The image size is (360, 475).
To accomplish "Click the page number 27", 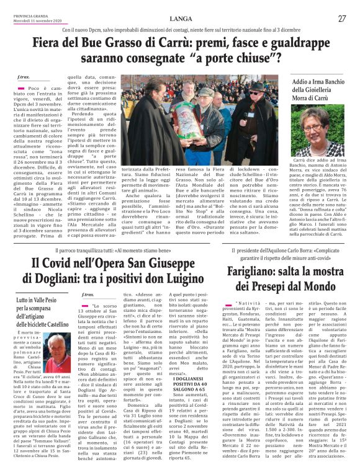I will tap(342, 19).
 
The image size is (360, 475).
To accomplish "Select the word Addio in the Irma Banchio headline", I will tap(304, 82).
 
